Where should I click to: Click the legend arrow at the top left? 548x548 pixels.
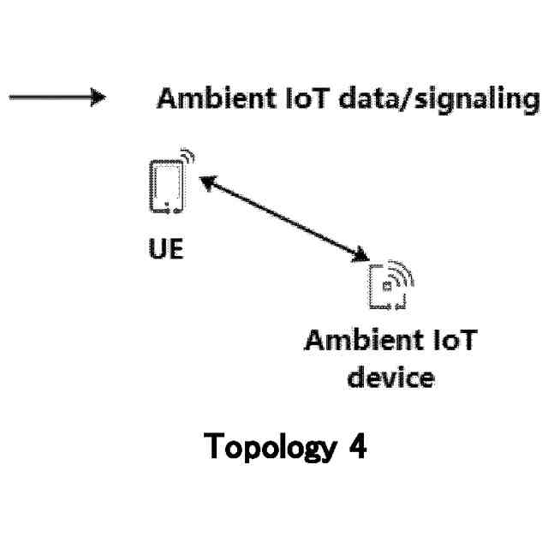coord(56,98)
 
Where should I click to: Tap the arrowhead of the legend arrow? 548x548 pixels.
coord(98,98)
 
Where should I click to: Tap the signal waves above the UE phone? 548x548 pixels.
coord(188,160)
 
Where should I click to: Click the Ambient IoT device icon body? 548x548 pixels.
coord(383,289)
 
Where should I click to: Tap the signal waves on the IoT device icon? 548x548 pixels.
coord(403,273)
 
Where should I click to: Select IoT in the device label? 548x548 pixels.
coord(452,341)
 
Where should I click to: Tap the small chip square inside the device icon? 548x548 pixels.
coord(387,286)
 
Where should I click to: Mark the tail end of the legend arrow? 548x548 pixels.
coord(12,98)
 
